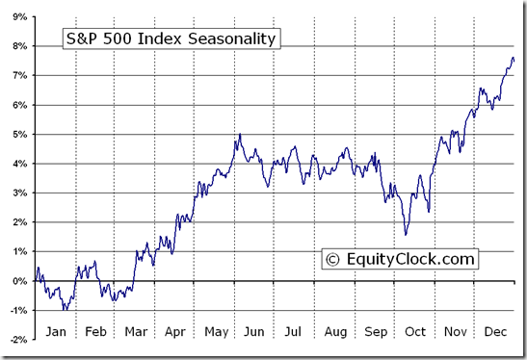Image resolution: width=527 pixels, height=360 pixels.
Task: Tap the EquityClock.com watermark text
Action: [x=408, y=259]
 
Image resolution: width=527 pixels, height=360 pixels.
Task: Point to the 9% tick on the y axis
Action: [x=17, y=15]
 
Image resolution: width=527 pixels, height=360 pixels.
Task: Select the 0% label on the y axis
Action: [x=17, y=281]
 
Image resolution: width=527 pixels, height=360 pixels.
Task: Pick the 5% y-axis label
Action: [x=17, y=134]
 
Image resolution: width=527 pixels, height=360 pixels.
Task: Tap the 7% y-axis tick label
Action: [x=17, y=75]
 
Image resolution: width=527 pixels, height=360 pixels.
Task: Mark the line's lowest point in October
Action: [x=407, y=234]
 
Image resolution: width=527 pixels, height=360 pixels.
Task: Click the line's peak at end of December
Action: [x=513, y=58]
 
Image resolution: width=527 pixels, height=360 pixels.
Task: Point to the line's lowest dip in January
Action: [x=65, y=310]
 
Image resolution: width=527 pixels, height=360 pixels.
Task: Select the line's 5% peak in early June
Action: [x=239, y=134]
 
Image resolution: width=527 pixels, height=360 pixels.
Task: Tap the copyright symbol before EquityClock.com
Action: [x=333, y=259]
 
